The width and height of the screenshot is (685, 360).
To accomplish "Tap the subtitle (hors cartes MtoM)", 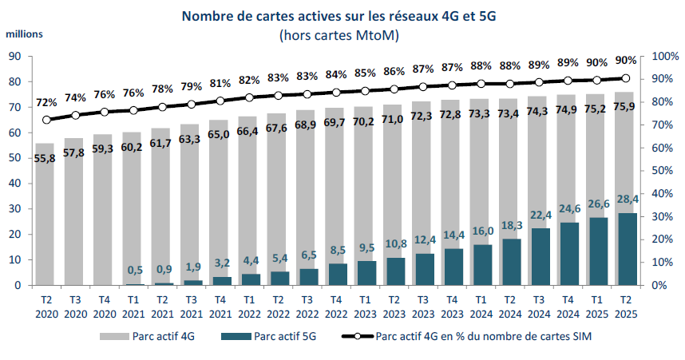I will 339,35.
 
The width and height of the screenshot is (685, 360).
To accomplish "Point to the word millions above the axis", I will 25,34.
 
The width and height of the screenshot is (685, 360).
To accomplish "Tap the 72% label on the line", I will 46,102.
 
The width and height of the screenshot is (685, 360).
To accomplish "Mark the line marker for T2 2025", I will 625,78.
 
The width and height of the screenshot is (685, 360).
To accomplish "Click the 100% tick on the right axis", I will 664,56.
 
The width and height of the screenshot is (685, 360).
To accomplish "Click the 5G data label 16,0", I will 481,231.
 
